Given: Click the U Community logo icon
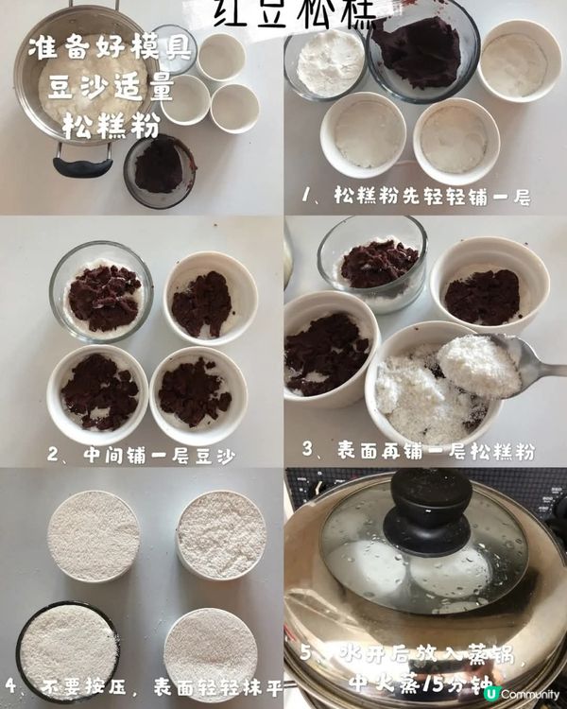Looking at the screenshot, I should coord(490,694).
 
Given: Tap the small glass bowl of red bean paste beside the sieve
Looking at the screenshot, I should coord(159,170).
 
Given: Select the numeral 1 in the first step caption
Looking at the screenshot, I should coord(308,197).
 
